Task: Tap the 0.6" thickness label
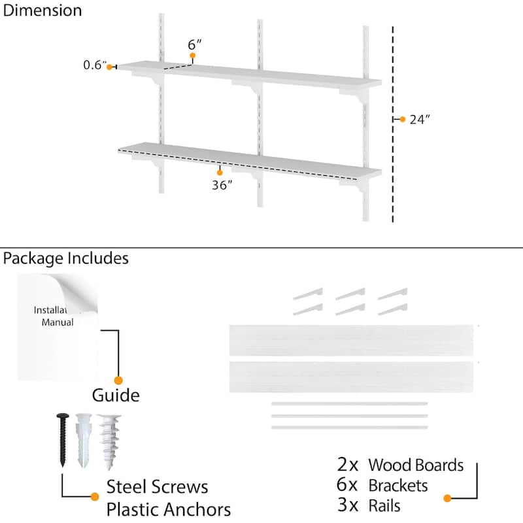[x=94, y=65]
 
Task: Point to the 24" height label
[x=420, y=120]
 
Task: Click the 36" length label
[x=222, y=185]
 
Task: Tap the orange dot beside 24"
[x=403, y=119]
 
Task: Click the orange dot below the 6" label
[x=194, y=56]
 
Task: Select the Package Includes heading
[x=65, y=258]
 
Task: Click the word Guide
[x=116, y=396]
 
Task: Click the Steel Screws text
[x=158, y=487]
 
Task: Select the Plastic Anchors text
[x=169, y=509]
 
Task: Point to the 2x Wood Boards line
[x=400, y=465]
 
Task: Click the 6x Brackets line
[x=382, y=485]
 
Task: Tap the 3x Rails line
[x=369, y=505]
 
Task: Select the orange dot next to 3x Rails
[x=447, y=498]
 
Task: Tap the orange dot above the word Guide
[x=118, y=380]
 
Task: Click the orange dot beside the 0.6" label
[x=110, y=66]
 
